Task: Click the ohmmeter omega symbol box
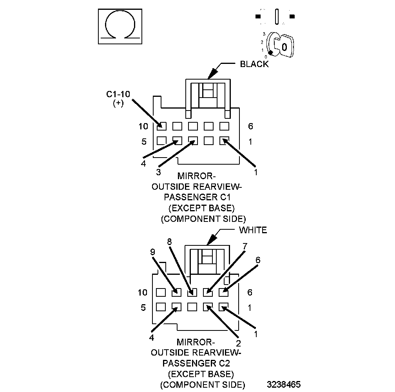119,27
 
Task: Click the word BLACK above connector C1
254,64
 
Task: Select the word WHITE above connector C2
253,230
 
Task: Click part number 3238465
284,384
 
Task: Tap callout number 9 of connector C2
153,252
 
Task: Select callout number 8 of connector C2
169,242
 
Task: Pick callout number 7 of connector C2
245,246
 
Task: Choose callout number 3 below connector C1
159,172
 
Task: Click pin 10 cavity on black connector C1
161,126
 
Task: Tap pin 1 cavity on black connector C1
224,140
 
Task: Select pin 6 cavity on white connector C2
223,292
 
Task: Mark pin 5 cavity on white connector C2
161,307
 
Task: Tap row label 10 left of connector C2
142,292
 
